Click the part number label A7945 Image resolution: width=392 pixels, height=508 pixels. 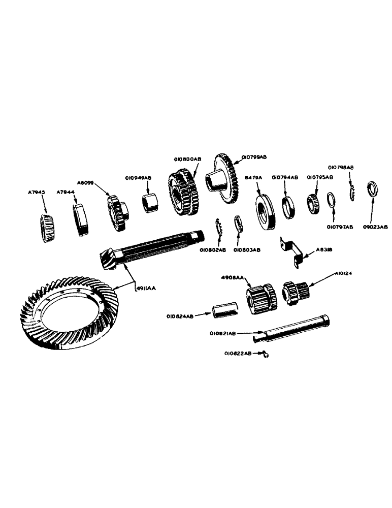[37, 193]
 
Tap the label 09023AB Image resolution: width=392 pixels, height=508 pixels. [376, 227]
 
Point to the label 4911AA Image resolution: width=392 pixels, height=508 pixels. [147, 288]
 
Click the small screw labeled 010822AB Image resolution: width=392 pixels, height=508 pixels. [266, 354]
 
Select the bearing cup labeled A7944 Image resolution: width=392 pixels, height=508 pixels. [82, 219]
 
